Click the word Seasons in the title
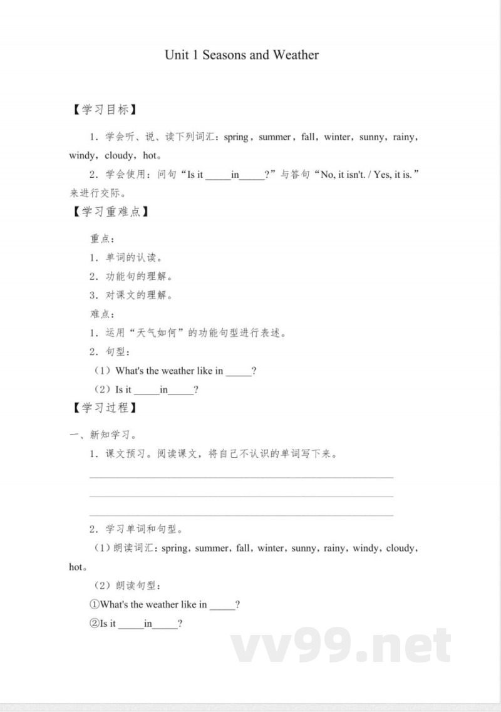tap(224, 55)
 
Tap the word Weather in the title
tap(295, 55)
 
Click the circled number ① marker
tap(95, 605)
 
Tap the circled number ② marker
tap(95, 624)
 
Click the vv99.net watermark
tap(341, 645)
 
